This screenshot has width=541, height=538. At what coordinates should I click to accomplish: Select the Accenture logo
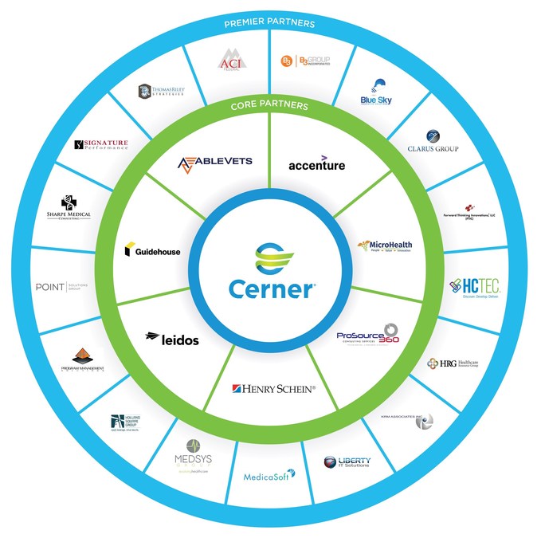316,164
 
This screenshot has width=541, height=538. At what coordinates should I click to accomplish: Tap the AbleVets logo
214,163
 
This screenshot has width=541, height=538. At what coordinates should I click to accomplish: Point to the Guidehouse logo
152,251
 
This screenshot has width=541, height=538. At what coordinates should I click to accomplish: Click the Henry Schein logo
273,388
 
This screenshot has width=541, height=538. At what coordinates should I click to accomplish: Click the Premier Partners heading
270,24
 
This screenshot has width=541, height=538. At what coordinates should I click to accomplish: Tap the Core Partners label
270,104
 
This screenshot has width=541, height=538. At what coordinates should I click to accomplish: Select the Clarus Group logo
433,142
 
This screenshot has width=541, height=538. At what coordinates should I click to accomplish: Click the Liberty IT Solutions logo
347,462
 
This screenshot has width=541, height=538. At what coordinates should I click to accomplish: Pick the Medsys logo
193,456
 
